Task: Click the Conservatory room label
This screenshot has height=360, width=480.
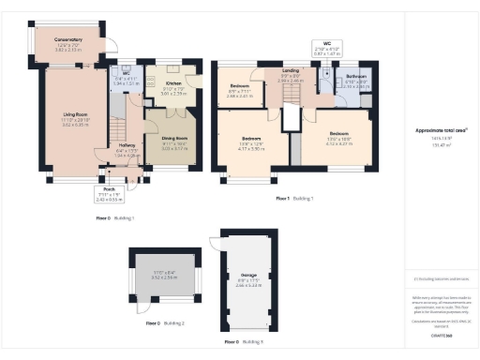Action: pos(68,39)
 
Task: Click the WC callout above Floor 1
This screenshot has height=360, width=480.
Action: pos(326,43)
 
